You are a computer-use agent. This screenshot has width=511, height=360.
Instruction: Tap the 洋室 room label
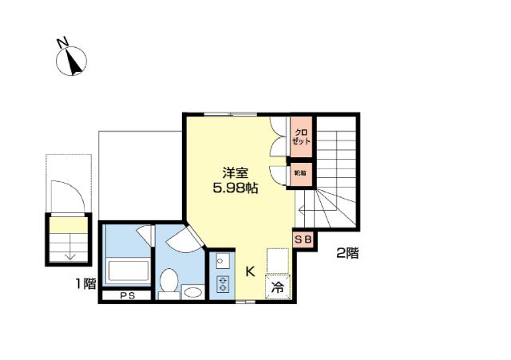(236, 172)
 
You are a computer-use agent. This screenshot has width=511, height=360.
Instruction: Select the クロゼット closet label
(301, 136)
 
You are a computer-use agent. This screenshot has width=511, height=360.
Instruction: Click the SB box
(304, 239)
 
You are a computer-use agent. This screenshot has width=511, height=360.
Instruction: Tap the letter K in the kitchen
(249, 271)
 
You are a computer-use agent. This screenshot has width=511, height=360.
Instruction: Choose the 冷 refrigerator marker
(278, 287)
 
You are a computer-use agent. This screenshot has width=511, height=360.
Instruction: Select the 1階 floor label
(86, 283)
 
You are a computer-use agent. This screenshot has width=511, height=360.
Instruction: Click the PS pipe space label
(127, 295)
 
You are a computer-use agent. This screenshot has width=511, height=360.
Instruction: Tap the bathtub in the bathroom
(127, 270)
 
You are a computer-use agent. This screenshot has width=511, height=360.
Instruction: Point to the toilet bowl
(168, 282)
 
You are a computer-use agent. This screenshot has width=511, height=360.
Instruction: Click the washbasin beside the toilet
(192, 292)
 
